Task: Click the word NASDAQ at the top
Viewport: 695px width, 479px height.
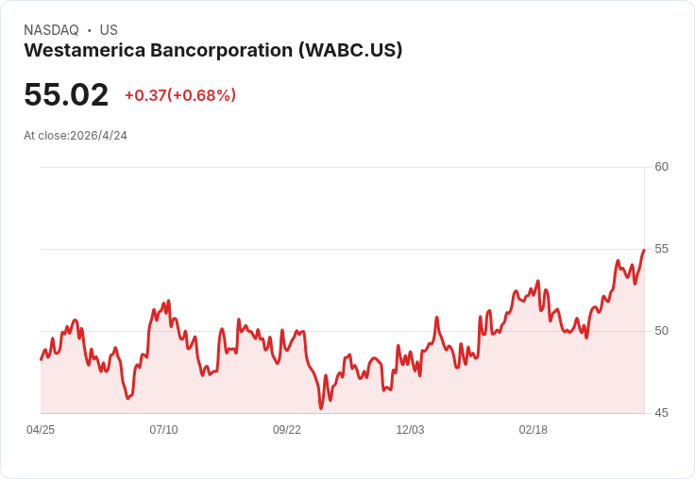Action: click(x=51, y=30)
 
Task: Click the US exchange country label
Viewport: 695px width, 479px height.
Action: click(x=109, y=30)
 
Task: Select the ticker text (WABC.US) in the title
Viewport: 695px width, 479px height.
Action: click(x=350, y=51)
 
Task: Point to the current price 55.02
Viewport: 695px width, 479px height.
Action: click(x=66, y=95)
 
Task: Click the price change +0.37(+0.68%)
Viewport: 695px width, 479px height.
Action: click(x=180, y=95)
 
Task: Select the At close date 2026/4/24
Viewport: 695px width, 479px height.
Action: click(x=98, y=136)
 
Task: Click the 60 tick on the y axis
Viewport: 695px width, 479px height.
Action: click(x=662, y=167)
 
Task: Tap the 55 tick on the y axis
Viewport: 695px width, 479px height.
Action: click(x=662, y=249)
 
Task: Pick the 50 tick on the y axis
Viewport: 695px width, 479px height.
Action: click(x=662, y=331)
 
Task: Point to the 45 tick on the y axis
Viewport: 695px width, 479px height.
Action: click(x=662, y=413)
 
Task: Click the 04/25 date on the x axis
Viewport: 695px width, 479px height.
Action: click(x=41, y=430)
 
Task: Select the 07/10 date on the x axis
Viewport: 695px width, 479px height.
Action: click(x=163, y=430)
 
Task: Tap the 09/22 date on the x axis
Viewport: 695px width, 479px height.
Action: click(x=287, y=430)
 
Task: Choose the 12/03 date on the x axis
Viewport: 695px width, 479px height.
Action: click(x=410, y=430)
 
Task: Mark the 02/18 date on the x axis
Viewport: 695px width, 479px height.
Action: click(x=534, y=430)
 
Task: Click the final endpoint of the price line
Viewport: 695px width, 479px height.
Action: click(x=643, y=250)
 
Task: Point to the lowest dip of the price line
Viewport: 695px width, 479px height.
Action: click(x=321, y=408)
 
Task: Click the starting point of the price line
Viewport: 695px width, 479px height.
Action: click(x=41, y=359)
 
